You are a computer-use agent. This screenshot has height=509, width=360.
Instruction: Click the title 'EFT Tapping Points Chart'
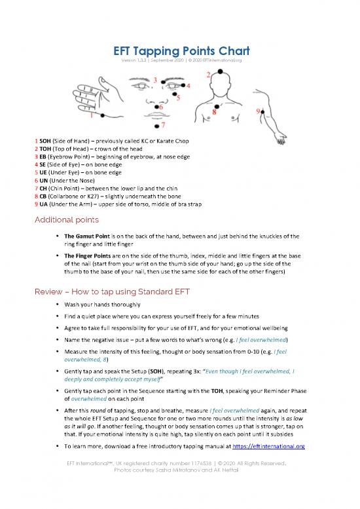point(181,51)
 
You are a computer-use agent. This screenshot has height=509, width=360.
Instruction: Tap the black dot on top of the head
point(220,71)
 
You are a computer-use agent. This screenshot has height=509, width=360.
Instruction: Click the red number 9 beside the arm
point(258,111)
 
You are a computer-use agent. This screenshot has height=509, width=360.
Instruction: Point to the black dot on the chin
point(157,126)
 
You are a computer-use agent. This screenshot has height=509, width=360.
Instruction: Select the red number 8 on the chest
point(214,112)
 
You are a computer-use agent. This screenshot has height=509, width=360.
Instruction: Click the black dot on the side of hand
point(103,115)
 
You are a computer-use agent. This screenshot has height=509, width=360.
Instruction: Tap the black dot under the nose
point(156,107)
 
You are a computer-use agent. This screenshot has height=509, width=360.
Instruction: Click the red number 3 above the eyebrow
point(155,80)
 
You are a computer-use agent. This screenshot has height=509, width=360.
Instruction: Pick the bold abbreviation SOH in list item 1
point(45,141)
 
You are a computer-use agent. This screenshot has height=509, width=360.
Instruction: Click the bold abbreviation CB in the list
point(43,196)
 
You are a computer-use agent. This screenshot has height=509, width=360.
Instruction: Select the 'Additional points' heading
point(67,219)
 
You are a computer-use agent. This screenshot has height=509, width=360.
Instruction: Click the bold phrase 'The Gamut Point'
point(87,236)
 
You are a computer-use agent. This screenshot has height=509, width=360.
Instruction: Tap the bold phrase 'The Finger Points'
point(88,255)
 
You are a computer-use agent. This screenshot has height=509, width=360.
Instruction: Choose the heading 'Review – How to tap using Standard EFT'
point(112,292)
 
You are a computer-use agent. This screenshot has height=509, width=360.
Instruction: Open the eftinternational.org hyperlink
point(268,446)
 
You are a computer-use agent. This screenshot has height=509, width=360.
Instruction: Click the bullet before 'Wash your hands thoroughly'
point(58,304)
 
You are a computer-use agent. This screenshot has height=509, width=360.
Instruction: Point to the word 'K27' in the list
point(93,196)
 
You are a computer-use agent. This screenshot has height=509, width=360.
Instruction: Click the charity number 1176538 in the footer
point(202,463)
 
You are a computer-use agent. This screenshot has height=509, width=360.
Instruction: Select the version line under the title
point(181,60)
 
